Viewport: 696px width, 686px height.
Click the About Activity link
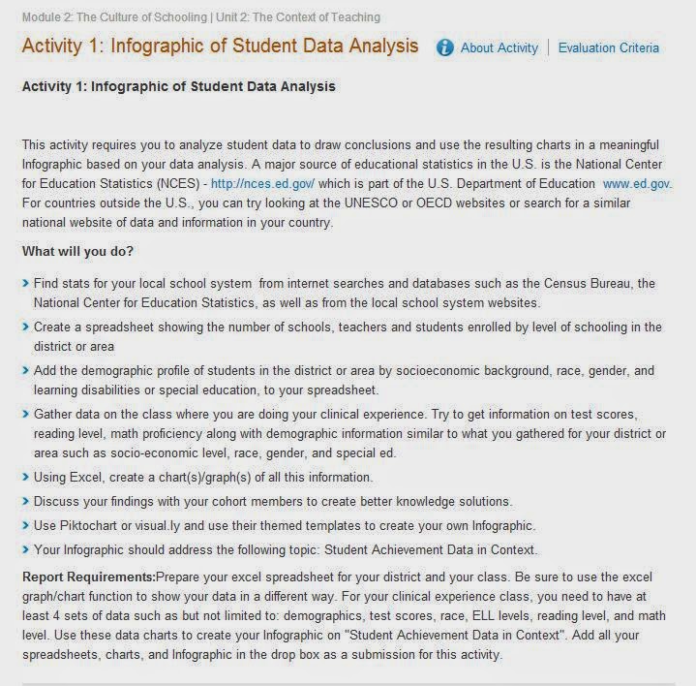[x=499, y=47]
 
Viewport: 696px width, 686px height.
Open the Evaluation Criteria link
[x=608, y=47]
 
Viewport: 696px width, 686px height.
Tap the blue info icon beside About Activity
[x=444, y=47]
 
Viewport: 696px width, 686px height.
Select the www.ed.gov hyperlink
[x=637, y=183]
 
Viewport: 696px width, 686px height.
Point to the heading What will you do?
[x=77, y=251]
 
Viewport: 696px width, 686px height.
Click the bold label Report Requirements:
[x=88, y=577]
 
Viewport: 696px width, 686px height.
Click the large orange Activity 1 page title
[x=220, y=47]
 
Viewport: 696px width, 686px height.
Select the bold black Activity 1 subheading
[x=178, y=86]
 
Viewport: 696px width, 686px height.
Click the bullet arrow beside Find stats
[x=25, y=284]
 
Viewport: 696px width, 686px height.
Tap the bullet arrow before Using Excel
[x=25, y=477]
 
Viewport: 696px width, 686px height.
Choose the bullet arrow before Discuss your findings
[x=25, y=501]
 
